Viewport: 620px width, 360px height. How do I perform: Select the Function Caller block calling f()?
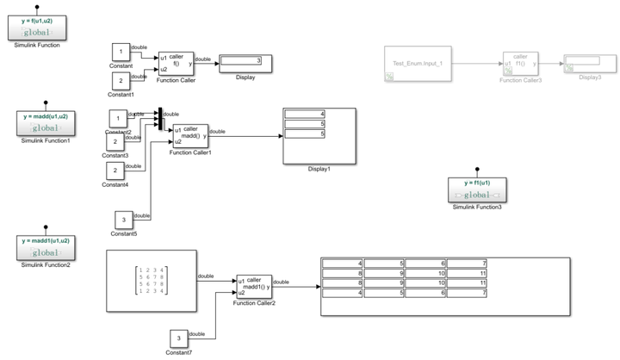point(176,63)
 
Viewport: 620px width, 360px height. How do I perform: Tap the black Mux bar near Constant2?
point(159,119)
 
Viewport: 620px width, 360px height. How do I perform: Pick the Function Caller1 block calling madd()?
point(190,135)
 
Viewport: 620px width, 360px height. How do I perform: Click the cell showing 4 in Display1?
point(306,115)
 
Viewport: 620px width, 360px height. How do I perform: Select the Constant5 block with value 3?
point(124,219)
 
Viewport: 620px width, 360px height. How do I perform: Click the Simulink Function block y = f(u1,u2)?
point(37,28)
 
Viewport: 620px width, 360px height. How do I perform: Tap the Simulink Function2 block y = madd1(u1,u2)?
point(45,248)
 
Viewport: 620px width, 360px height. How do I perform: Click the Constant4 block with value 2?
point(115,171)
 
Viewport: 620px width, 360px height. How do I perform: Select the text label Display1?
point(319,169)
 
